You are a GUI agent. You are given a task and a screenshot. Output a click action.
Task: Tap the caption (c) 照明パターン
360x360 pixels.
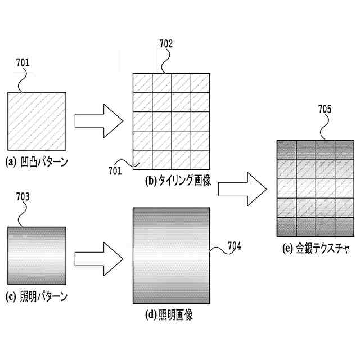pos(36,296)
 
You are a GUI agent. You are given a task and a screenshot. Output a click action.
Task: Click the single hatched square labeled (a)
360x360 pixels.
pos(37,119)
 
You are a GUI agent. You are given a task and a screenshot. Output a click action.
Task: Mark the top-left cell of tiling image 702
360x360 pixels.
pos(142,83)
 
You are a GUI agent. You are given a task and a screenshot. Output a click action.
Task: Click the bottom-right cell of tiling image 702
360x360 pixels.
pos(201,160)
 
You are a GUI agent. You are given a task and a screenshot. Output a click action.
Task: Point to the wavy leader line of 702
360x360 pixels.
pos(164,62)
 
